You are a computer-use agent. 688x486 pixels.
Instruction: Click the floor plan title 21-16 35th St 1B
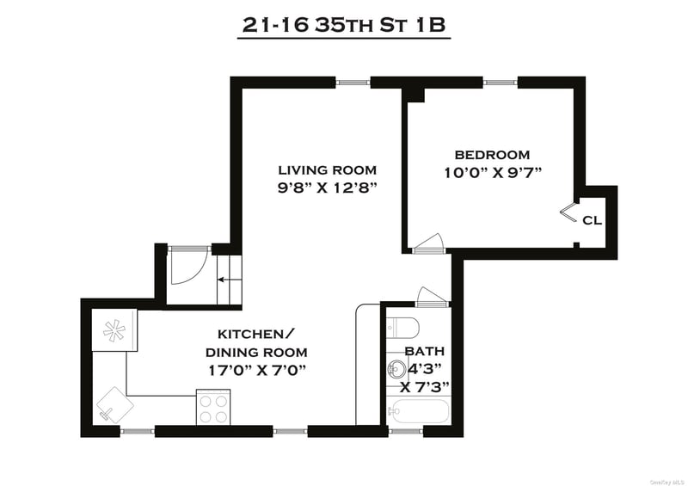click(344, 26)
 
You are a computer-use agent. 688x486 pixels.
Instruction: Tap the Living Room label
click(328, 169)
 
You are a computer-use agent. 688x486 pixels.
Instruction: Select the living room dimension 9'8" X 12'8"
click(328, 188)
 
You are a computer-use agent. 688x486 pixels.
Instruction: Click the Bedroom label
click(492, 155)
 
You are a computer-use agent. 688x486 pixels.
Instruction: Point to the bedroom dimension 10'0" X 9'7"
click(492, 173)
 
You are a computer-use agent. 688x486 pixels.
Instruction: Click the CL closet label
click(592, 220)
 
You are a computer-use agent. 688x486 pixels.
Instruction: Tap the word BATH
click(424, 351)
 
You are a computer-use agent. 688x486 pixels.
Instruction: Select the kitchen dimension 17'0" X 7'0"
click(256, 371)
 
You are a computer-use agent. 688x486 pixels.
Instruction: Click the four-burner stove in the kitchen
click(212, 407)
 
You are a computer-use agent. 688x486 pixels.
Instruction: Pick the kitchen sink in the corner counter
click(115, 405)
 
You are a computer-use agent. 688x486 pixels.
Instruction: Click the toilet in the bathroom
click(403, 327)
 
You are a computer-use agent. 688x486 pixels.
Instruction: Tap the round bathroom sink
click(397, 369)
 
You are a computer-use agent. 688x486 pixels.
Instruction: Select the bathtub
click(418, 411)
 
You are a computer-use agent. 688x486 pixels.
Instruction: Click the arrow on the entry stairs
click(227, 280)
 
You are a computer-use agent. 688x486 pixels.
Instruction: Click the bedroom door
click(429, 243)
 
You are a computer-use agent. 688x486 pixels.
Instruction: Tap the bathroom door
click(433, 297)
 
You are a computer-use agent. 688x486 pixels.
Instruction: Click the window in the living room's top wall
click(353, 82)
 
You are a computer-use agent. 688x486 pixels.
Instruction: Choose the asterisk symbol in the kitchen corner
click(114, 330)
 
